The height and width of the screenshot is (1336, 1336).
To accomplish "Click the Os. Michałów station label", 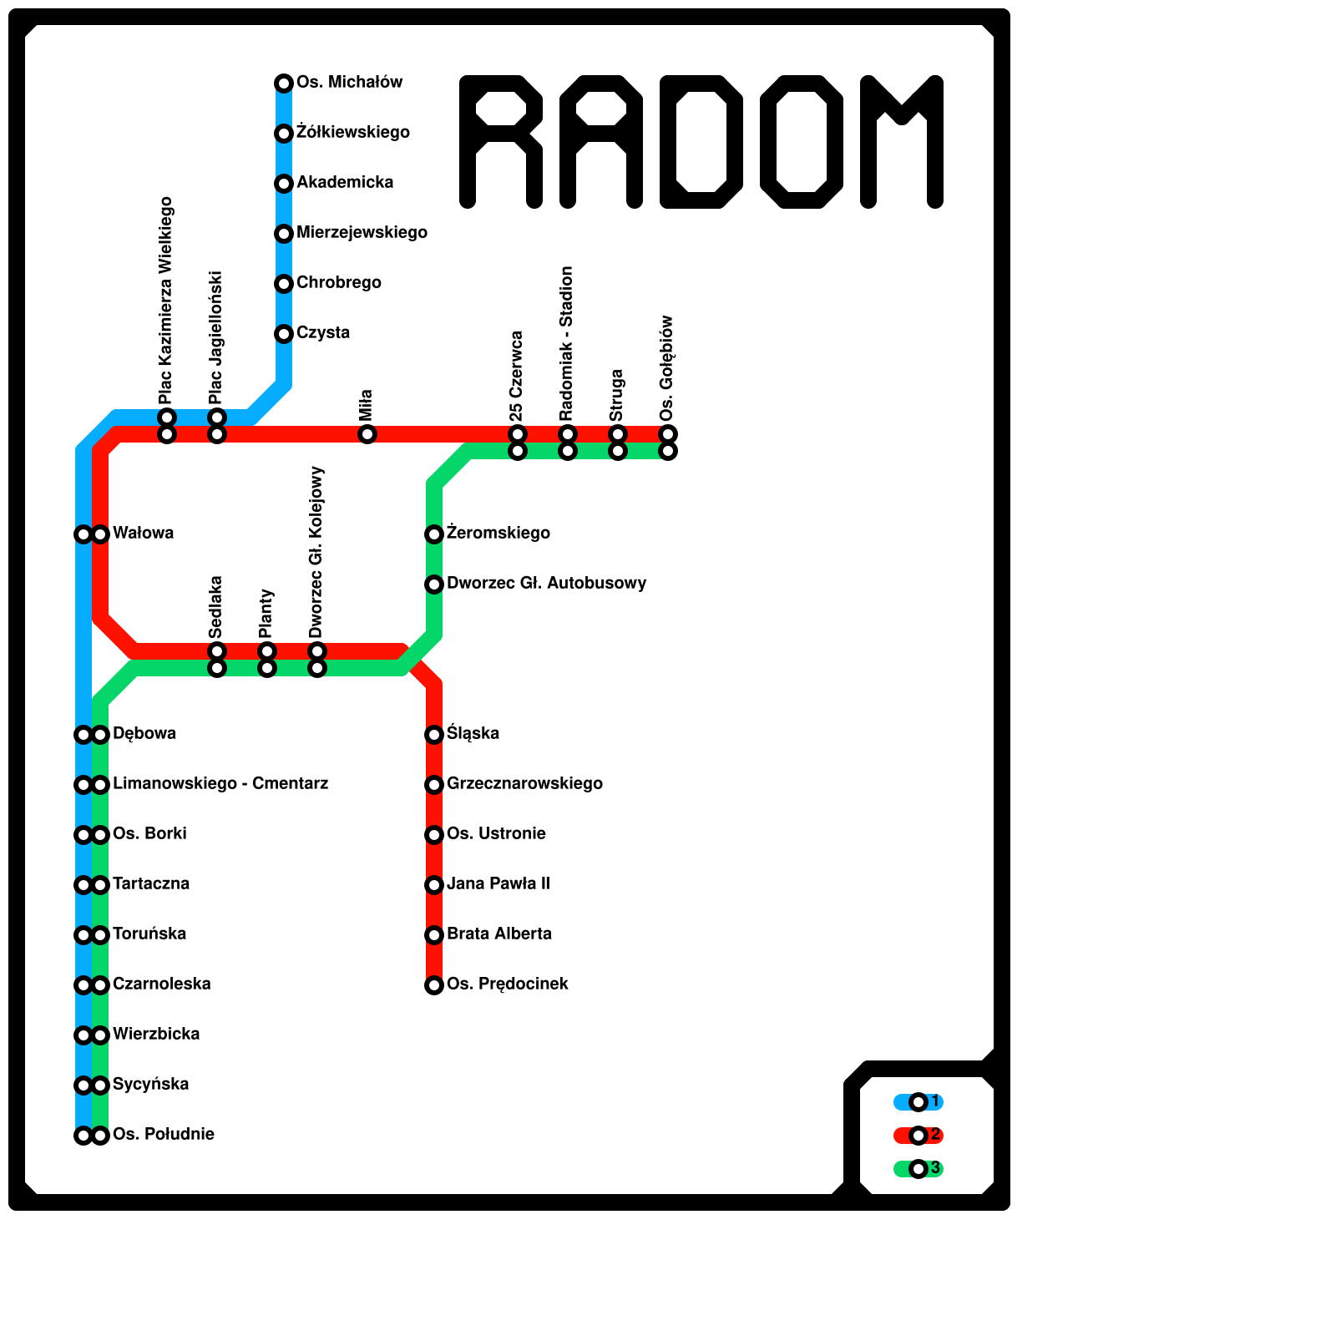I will coord(349,83).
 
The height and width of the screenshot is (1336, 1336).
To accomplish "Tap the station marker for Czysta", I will coord(284,334).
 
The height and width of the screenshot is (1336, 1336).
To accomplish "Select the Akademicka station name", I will coord(345,183).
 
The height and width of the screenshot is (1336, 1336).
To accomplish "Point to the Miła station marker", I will coord(367,434).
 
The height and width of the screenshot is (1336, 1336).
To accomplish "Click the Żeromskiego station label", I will coord(498,534).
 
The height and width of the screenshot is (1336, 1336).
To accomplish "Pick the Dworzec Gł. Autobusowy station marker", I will coord(434,584).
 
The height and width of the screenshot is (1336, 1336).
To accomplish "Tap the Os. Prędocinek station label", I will coord(508,984).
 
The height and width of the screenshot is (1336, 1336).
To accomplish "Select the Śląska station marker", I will coord(434,735).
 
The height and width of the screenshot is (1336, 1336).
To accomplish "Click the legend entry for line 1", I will coord(918,1102).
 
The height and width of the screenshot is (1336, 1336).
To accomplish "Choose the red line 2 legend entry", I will coord(918,1136).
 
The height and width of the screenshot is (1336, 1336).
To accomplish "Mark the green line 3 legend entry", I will coord(918,1169).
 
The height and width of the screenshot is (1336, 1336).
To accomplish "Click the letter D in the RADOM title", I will coord(701,142).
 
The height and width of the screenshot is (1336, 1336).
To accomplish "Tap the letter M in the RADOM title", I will coord(902,142).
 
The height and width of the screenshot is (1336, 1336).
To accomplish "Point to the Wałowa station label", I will coord(144,534).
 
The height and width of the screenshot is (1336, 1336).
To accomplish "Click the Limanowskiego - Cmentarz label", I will coord(220,784).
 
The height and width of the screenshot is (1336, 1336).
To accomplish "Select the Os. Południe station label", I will coord(164,1135).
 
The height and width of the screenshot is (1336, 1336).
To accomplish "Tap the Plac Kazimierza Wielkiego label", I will coord(166,301).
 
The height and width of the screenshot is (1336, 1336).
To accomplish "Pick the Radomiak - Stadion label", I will coord(567,343).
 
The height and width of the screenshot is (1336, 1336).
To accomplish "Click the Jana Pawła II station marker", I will coord(434,885).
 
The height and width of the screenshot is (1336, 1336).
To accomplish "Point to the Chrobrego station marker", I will coord(284,284).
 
